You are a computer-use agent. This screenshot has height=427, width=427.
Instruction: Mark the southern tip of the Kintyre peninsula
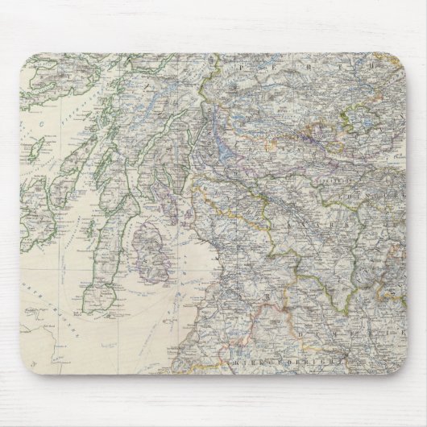[x=100, y=305]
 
